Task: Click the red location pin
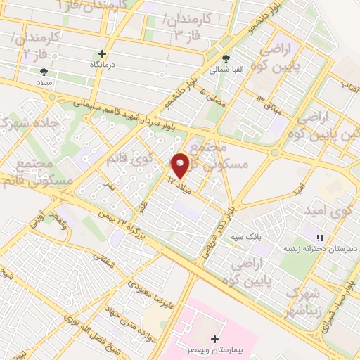pos(181,165)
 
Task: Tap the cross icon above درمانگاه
pos(103,53)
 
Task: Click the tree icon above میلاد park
pos(44,71)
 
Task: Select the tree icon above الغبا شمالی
pos(226,59)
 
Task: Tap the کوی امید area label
pos(328,210)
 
